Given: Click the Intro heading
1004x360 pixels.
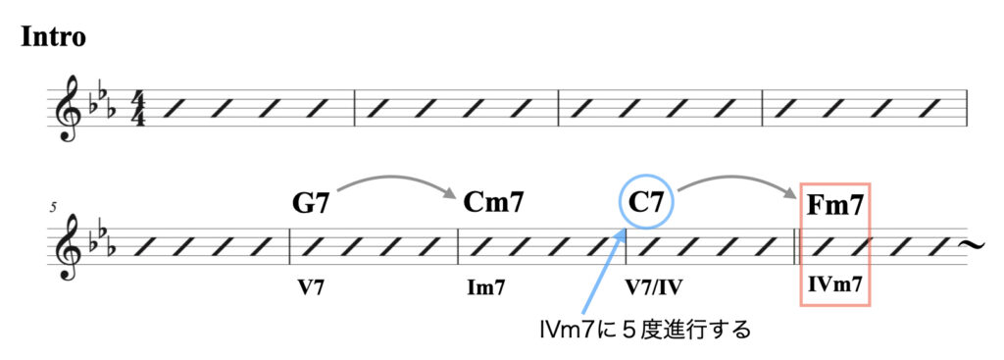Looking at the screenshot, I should tap(53, 37).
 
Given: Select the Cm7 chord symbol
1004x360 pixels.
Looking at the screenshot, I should tap(492, 203).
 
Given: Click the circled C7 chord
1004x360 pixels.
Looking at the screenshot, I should tap(646, 203).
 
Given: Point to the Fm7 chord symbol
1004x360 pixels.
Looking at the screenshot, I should tap(834, 206).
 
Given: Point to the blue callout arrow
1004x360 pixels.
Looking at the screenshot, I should tap(601, 275).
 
